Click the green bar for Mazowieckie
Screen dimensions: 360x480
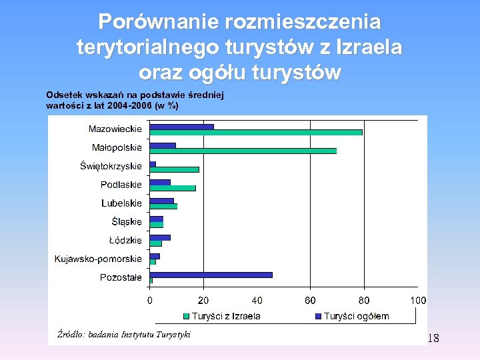(x=256, y=132)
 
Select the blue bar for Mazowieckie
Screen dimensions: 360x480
(x=181, y=126)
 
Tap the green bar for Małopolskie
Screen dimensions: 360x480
(x=243, y=151)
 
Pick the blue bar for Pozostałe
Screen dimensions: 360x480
(x=211, y=274)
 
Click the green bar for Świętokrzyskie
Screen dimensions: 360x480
(x=174, y=169)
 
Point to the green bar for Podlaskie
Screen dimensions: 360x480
(x=172, y=188)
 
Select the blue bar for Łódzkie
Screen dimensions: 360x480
(x=160, y=237)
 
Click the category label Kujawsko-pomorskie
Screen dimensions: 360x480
(x=98, y=259)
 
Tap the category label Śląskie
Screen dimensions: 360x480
(x=127, y=221)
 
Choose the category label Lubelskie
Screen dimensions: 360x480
(x=121, y=203)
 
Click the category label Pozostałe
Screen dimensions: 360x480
(x=121, y=277)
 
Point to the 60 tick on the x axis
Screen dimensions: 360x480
(x=311, y=301)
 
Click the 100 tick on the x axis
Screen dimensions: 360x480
(x=418, y=301)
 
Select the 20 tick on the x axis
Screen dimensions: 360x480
(x=203, y=301)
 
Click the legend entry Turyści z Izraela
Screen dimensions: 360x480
(x=226, y=316)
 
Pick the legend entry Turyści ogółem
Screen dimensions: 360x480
(x=356, y=316)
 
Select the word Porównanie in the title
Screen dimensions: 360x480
(x=158, y=22)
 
